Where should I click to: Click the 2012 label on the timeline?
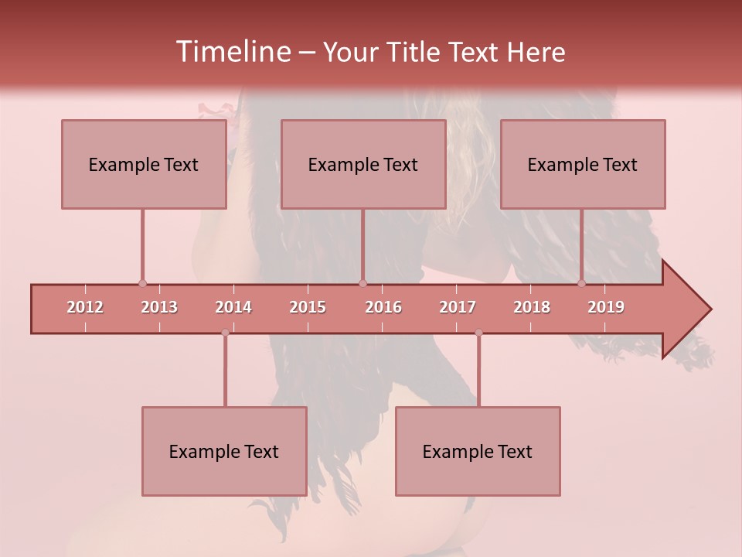(85, 307)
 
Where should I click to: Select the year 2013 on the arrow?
(159, 307)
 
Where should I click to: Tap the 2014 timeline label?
(233, 307)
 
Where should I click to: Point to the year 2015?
(308, 307)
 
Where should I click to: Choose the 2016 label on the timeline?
(383, 307)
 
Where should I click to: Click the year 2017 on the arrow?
(458, 307)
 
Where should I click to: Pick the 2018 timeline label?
(532, 307)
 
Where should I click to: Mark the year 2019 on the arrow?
(606, 307)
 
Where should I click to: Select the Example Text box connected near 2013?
(144, 164)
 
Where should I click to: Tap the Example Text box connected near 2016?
(363, 164)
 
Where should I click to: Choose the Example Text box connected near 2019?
(583, 164)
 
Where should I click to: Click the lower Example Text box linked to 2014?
(224, 451)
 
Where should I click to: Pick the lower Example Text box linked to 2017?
(478, 451)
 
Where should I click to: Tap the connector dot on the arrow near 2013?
(142, 283)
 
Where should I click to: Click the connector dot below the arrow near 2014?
(225, 333)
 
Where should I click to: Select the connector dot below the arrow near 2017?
(478, 333)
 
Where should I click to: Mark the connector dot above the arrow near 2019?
(581, 283)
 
